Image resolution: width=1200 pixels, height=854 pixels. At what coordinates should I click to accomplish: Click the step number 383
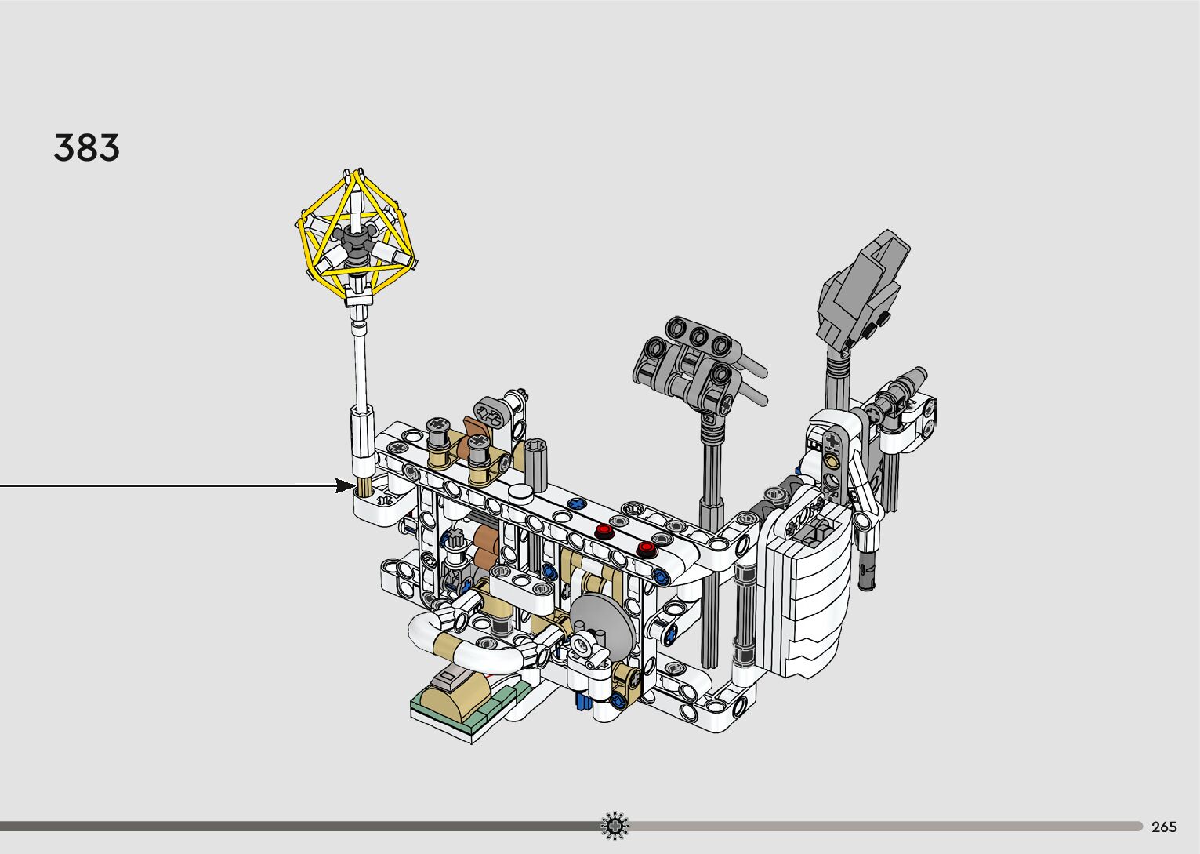coord(87,147)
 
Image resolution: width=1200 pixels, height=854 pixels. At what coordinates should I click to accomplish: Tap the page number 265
coord(1164,827)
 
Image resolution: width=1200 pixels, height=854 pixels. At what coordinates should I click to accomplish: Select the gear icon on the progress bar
coord(615,826)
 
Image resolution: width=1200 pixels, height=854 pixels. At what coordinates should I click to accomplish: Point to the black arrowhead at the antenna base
coord(344,485)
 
